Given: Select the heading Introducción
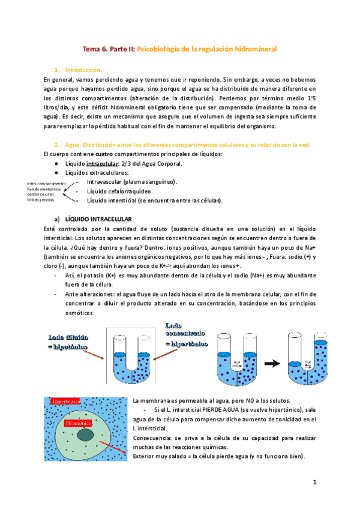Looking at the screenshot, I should (x=84, y=70).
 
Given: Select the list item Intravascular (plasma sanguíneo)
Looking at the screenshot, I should (x=131, y=182).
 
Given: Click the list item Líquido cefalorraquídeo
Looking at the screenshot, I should (x=121, y=191).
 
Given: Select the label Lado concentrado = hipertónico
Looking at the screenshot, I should (x=186, y=335).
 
